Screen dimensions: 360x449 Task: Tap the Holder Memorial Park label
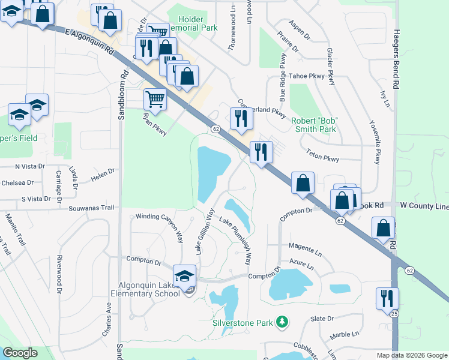[x=193, y=23]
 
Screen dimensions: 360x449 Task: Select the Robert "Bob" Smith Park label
[x=314, y=124]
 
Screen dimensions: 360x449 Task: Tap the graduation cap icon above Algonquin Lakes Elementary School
[x=185, y=276]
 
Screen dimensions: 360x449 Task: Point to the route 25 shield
[x=394, y=313]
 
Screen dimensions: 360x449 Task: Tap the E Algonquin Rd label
[x=90, y=43]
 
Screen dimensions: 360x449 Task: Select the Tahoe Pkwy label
[x=307, y=76]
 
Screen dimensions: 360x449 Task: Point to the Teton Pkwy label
[x=322, y=155]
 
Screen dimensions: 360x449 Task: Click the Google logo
[x=20, y=353]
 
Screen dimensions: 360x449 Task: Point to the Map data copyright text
[x=412, y=355]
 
